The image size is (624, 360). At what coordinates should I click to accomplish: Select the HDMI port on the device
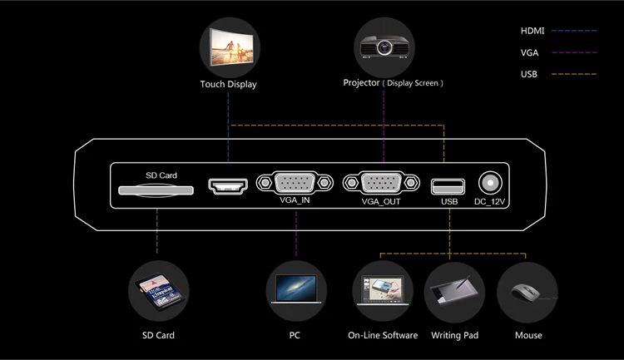coord(228,185)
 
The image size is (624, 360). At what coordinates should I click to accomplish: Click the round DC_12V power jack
coord(491,183)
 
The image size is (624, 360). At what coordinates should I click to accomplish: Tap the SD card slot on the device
coord(156,190)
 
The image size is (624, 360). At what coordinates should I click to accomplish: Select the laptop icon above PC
coord(295,292)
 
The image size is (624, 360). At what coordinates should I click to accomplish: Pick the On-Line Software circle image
coord(382,292)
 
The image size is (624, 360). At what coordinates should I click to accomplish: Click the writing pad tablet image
coord(454,292)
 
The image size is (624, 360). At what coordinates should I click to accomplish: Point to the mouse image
coord(527,292)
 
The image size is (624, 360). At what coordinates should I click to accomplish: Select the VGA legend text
coord(529,52)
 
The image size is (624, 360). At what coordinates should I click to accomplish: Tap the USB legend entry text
coord(529,75)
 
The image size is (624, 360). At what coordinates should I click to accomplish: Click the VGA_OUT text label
coord(381,201)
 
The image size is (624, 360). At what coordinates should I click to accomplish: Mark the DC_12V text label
coord(491,201)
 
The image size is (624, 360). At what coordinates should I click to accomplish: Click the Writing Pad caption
coord(454,335)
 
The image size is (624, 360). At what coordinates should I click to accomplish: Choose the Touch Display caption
coord(228,84)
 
